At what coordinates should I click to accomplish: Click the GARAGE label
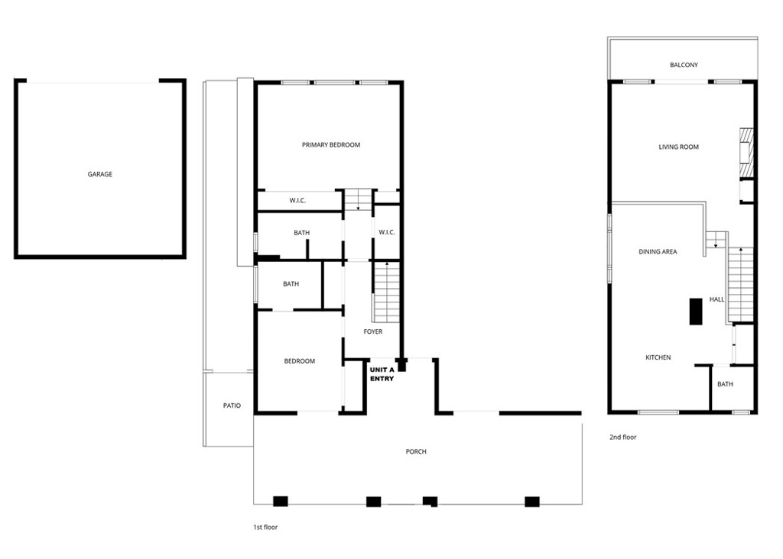tap(99, 174)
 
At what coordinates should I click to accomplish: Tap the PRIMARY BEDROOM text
tap(330, 145)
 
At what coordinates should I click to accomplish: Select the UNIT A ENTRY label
tap(382, 374)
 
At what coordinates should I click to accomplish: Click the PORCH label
tap(416, 452)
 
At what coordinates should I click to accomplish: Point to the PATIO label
tap(232, 406)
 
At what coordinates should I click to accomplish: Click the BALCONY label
tap(684, 66)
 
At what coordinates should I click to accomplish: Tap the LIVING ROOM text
tap(678, 147)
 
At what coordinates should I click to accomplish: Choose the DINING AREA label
tap(658, 252)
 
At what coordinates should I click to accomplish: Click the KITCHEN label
tap(658, 357)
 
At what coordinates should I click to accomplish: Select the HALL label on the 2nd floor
tap(716, 300)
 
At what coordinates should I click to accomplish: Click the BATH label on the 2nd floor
tap(725, 384)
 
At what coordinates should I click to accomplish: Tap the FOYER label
tap(372, 332)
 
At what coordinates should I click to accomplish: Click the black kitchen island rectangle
tap(696, 312)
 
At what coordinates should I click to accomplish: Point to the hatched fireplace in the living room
tap(746, 147)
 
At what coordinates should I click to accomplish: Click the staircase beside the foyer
tap(387, 291)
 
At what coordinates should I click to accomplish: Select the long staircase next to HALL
tap(740, 284)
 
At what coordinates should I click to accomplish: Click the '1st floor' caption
tap(265, 528)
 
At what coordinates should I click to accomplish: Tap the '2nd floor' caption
tap(622, 438)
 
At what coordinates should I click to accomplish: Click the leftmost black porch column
tap(281, 502)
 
